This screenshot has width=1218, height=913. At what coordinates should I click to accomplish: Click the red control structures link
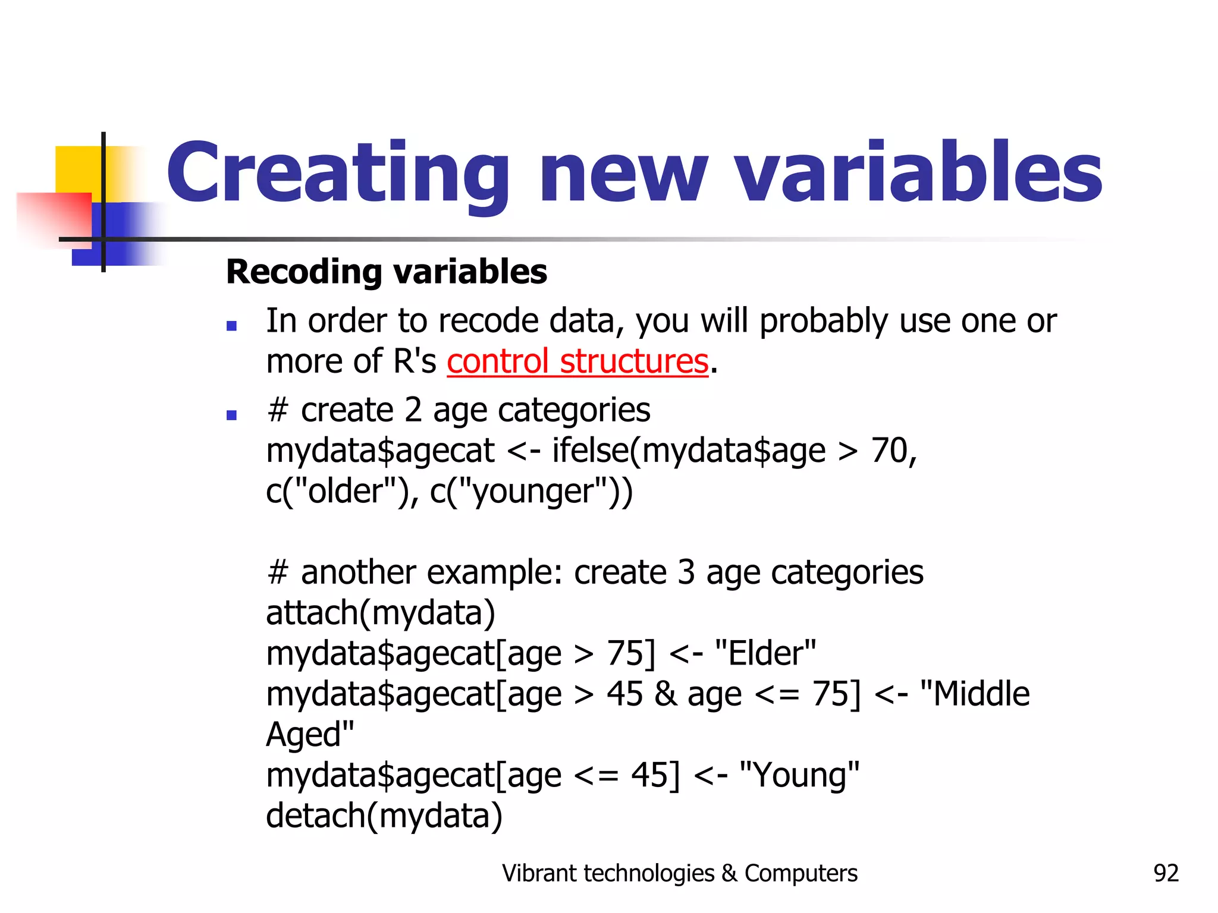click(577, 361)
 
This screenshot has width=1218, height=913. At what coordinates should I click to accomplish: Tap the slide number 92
click(1166, 873)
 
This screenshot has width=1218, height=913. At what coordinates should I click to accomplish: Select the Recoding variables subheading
click(387, 272)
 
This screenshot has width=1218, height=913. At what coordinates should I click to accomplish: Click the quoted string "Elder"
click(765, 653)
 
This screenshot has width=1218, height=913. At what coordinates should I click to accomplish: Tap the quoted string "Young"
click(799, 775)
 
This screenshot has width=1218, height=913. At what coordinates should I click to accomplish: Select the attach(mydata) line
click(381, 613)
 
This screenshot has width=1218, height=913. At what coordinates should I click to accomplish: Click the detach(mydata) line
click(384, 816)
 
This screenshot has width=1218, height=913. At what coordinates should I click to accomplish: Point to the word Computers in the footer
click(801, 873)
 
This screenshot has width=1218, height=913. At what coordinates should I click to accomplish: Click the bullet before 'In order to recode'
click(232, 326)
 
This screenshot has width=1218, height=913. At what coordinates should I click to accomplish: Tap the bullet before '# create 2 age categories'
click(232, 415)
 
